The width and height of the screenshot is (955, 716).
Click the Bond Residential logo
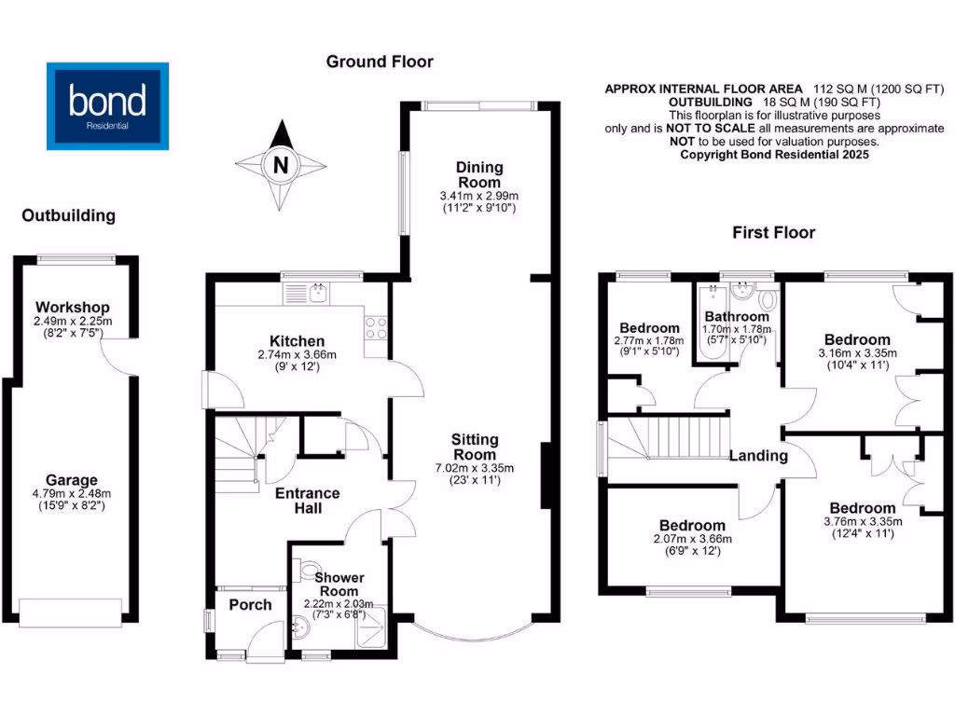108,105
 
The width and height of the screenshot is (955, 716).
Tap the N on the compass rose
279,166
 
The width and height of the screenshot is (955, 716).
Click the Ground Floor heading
380,62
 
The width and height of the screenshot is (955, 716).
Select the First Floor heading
773,232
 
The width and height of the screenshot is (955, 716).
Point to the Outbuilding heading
69,215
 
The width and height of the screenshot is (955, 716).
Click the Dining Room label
478,174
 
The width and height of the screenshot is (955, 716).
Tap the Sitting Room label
476,446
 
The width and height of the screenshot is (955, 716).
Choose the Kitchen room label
297,341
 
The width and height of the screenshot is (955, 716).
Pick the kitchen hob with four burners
376,327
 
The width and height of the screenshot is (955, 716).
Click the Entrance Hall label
308,500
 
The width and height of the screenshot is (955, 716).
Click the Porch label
250,604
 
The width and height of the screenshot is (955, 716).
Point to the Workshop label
73,307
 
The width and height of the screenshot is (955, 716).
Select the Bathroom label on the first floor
737,317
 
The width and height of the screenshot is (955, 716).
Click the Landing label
757,456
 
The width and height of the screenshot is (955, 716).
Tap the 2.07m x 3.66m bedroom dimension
692,538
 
